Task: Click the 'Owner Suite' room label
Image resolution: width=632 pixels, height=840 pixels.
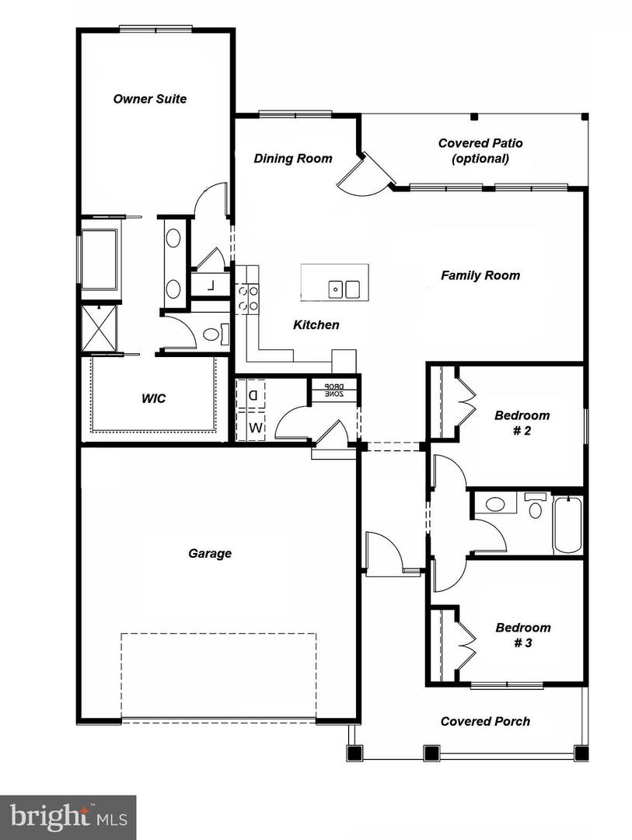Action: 150,99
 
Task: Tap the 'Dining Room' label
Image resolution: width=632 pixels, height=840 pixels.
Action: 293,159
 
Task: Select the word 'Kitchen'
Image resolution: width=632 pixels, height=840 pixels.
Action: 316,325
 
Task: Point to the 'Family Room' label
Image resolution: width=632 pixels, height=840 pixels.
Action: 480,275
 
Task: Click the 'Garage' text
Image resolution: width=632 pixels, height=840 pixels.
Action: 210,554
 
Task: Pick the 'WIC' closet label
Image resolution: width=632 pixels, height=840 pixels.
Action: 153,398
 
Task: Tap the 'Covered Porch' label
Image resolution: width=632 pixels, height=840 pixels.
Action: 485,721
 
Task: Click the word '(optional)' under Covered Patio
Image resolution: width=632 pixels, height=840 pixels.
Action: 480,159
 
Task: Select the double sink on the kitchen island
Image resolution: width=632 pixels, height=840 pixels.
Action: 346,289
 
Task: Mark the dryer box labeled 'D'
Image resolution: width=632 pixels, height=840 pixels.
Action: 252,395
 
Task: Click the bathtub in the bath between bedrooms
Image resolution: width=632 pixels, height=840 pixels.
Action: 568,525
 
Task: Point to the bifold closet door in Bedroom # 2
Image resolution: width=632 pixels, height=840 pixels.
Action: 464,402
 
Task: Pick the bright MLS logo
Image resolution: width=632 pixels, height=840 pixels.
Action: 68,817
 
